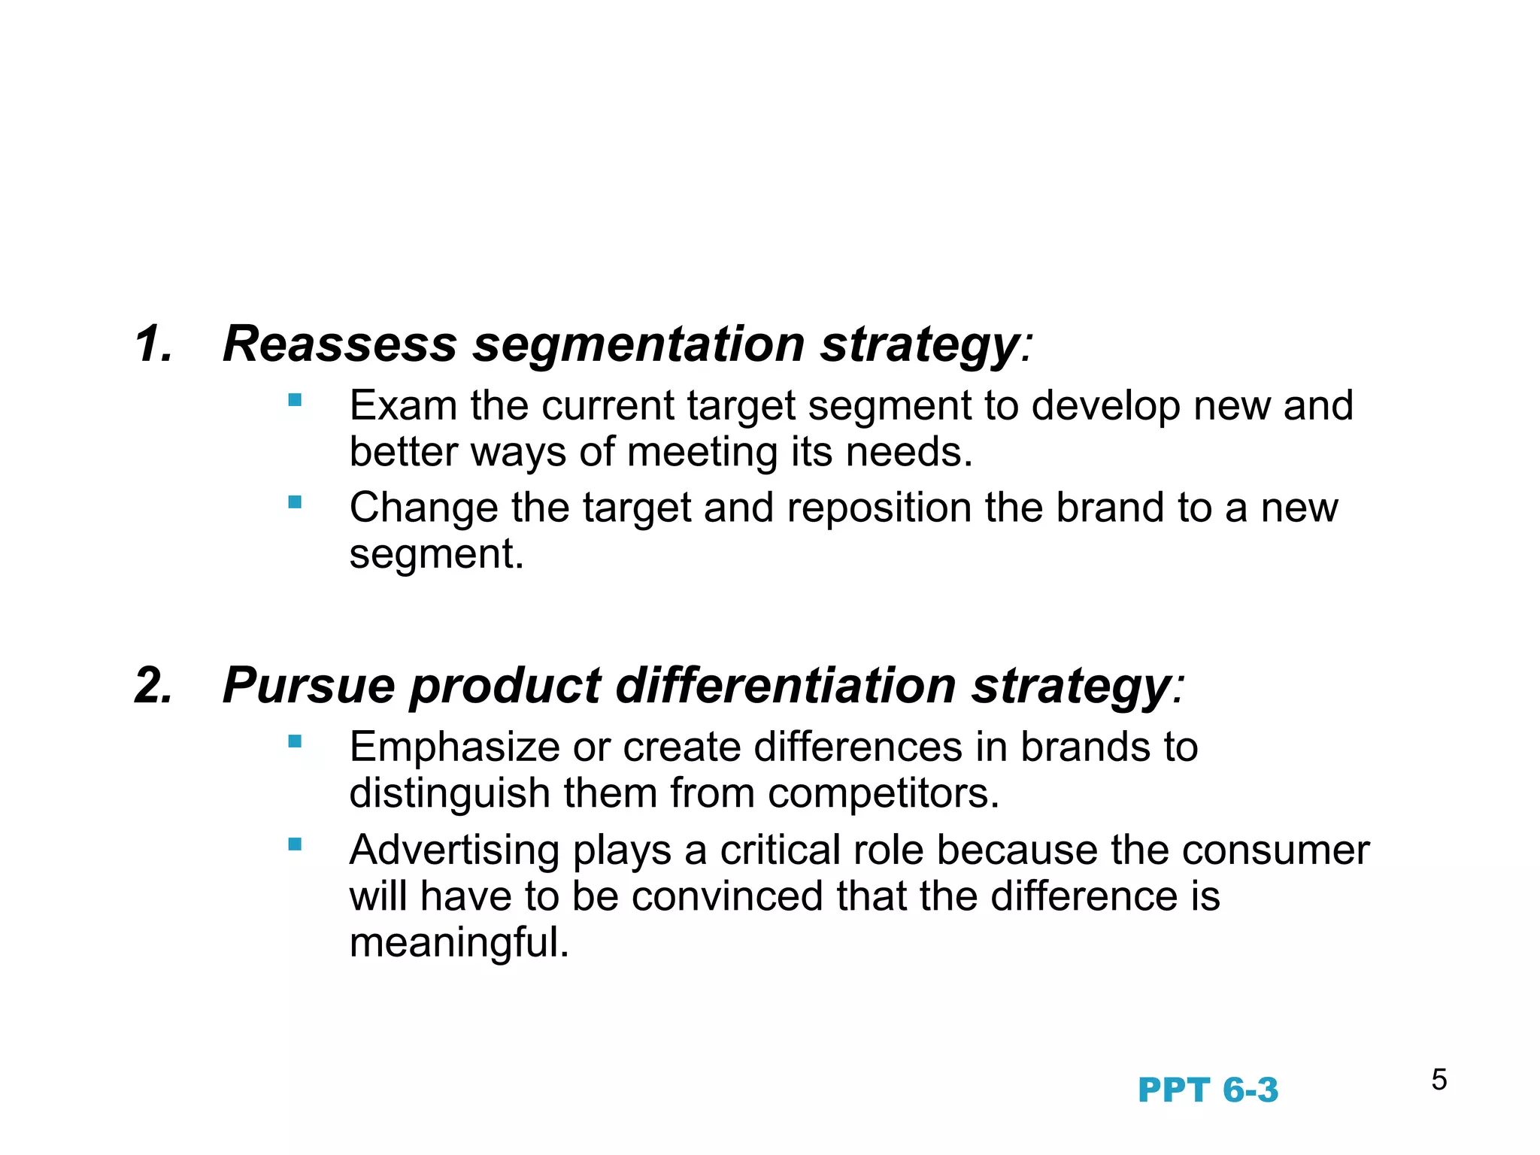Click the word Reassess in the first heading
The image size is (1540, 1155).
tap(339, 344)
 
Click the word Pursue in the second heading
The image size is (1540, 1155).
tap(308, 686)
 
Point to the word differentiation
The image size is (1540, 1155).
tap(786, 686)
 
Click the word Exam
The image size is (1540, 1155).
tap(403, 406)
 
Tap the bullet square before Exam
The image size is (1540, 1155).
tap(295, 399)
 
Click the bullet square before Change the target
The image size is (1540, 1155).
tap(295, 502)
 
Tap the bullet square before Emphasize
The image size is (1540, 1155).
tap(295, 741)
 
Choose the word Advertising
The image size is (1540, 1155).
tap(454, 851)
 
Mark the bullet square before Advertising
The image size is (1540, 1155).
tap(295, 844)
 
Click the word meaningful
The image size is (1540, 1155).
tap(459, 943)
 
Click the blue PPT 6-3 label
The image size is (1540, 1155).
tap(1208, 1090)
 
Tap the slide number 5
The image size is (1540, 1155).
tap(1439, 1080)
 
